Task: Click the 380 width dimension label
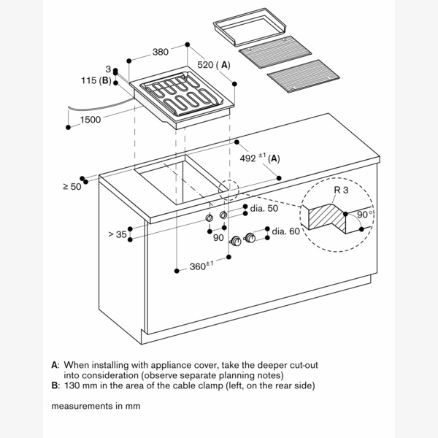162,53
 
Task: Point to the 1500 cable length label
91,120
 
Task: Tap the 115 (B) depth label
96,80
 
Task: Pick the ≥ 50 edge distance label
72,187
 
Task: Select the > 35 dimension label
118,234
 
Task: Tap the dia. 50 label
264,209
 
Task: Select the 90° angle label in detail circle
366,215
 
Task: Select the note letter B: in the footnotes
55,385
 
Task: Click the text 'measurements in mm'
95,405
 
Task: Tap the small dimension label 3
107,68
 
